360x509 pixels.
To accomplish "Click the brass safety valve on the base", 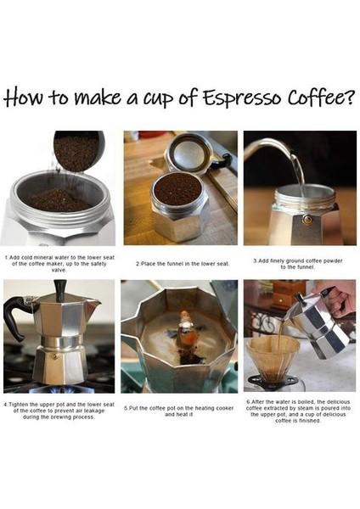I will coord(307,219).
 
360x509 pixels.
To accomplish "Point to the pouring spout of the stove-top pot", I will coord(92,303).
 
